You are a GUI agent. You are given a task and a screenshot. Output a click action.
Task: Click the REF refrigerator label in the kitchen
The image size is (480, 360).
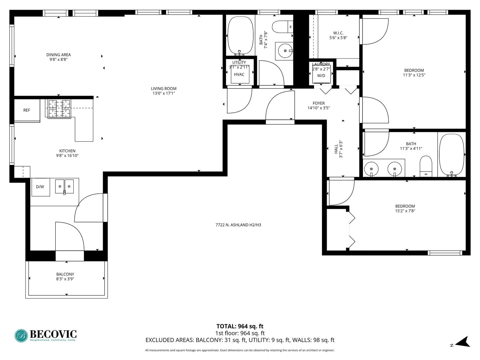[x=27, y=110]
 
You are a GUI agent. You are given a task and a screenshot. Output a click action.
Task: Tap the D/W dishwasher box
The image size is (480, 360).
[x=40, y=187]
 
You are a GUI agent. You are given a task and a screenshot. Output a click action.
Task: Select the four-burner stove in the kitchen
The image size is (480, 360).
[x=60, y=109]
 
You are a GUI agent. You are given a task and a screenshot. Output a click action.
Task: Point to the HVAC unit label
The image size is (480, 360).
[x=239, y=74]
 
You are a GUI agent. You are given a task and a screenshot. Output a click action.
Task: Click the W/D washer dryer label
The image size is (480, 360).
[x=321, y=76]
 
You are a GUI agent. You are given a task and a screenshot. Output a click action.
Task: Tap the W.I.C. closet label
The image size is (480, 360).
[x=338, y=33]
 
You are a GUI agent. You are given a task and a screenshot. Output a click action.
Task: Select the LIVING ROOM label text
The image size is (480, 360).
[x=164, y=89]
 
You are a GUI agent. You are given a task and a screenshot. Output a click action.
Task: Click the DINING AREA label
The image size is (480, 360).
[x=58, y=55]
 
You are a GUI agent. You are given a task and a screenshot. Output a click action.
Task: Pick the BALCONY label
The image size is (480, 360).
[x=65, y=274]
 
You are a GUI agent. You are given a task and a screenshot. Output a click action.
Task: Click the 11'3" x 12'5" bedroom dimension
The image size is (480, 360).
[x=414, y=75]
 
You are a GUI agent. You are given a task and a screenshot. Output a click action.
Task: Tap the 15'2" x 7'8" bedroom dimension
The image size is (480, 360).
[x=405, y=211]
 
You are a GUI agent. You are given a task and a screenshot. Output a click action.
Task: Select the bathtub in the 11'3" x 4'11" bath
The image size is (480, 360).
[x=452, y=155]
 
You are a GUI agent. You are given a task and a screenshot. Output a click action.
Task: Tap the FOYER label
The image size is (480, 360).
[x=319, y=103]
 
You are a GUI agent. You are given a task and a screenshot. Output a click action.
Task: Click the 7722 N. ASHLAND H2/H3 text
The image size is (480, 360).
[x=238, y=225]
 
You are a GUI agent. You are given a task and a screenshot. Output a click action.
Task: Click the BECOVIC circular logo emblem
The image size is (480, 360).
[x=22, y=336]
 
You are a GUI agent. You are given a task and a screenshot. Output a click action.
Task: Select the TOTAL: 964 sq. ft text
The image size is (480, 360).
[x=240, y=326]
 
